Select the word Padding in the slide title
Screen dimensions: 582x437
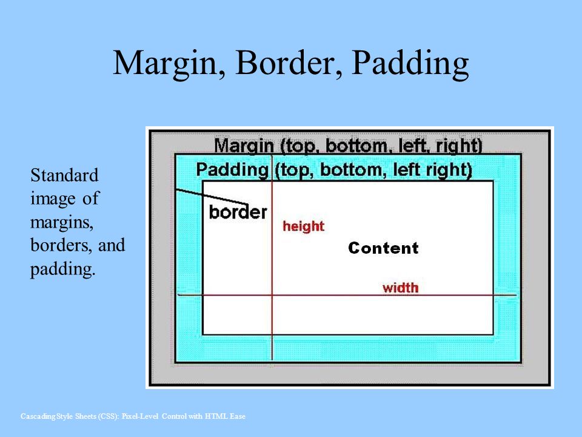click(410, 64)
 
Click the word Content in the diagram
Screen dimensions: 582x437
click(383, 248)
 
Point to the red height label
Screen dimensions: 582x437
click(303, 226)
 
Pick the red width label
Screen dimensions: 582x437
click(400, 288)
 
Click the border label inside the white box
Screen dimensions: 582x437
click(238, 212)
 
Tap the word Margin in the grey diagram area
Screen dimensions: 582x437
click(244, 146)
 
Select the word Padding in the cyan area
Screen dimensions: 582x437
click(232, 170)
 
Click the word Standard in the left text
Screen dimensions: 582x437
click(64, 175)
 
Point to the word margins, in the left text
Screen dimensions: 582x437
click(62, 223)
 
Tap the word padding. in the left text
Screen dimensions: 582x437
click(62, 269)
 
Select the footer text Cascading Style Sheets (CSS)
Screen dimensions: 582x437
click(70, 416)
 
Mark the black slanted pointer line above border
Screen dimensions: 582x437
click(212, 197)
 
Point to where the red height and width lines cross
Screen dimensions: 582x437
click(272, 296)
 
